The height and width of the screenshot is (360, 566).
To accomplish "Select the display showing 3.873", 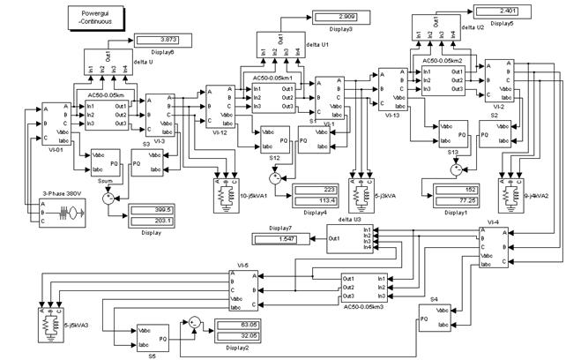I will [156, 40].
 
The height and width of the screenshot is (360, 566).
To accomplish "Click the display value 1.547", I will [280, 240].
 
